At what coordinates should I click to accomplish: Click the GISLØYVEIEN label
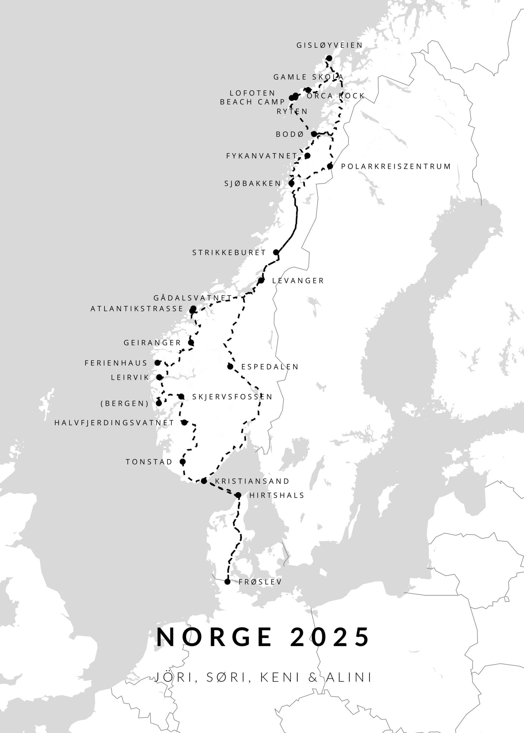click(329, 45)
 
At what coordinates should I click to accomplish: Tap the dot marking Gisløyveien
click(329, 58)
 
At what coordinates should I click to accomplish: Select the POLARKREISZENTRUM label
click(396, 166)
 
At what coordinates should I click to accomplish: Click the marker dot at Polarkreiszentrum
click(330, 166)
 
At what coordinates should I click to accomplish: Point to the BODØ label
click(289, 134)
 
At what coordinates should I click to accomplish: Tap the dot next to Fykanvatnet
click(308, 156)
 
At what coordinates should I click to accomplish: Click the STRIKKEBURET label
click(229, 253)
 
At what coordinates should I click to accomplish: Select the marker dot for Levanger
click(261, 280)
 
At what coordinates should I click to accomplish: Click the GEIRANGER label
click(152, 343)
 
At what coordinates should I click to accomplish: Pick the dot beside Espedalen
click(230, 366)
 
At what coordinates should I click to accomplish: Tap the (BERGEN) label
click(125, 404)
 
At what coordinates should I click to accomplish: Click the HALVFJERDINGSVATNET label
click(114, 423)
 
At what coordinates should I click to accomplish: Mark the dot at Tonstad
click(182, 462)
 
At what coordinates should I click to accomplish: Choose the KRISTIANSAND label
click(252, 481)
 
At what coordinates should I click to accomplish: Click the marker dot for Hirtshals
click(238, 495)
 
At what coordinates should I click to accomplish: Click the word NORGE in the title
click(214, 637)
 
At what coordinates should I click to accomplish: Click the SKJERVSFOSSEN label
click(232, 397)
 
